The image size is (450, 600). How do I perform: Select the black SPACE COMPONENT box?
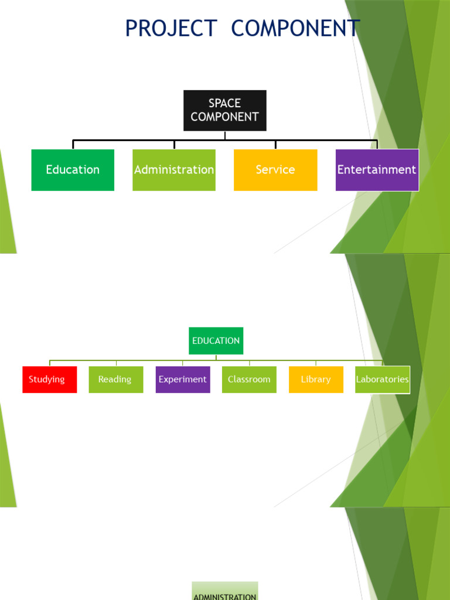point(225,110)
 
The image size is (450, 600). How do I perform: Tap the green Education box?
point(73,170)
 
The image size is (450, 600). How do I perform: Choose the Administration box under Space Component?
point(174,170)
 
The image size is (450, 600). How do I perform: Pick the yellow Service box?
point(275,170)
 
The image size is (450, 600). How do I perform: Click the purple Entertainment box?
point(377,170)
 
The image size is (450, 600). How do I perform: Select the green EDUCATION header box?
point(216,340)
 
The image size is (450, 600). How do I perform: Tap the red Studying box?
point(49,379)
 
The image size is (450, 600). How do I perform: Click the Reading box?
point(115,379)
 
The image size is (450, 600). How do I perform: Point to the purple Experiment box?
point(183,379)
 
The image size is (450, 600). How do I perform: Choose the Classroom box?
point(249,379)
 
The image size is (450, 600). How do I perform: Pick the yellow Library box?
point(316,379)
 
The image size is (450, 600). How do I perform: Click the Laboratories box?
point(382,379)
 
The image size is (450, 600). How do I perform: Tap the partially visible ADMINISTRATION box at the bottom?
point(225,592)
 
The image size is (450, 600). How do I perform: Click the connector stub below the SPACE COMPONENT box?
point(225,135)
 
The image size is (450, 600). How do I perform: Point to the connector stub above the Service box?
point(275,145)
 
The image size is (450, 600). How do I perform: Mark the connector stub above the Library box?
point(316,363)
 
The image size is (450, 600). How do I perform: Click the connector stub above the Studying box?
point(50,363)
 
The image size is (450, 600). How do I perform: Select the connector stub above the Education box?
point(73,145)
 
